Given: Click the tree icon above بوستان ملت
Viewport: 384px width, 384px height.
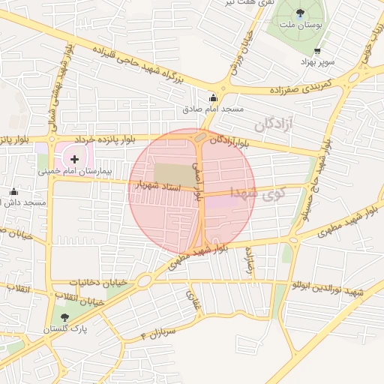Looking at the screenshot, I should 301,12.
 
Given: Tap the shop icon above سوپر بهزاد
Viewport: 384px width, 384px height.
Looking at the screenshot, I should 317,51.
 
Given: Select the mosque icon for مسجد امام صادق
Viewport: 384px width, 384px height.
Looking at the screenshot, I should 213,97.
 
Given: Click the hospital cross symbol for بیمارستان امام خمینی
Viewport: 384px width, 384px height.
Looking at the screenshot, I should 74,159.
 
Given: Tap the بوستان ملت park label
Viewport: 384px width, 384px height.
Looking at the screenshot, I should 300,25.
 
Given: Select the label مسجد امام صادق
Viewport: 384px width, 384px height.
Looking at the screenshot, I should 213,109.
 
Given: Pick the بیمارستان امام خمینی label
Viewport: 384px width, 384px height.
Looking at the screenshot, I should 75,171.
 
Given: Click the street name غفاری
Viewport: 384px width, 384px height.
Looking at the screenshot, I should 196,300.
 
